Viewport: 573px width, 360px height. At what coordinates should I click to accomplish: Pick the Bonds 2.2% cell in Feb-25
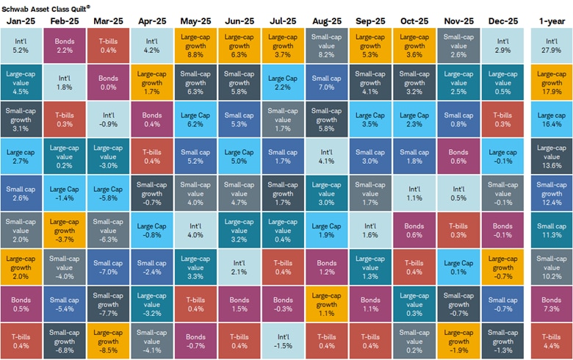pyautogui.click(x=65, y=46)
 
